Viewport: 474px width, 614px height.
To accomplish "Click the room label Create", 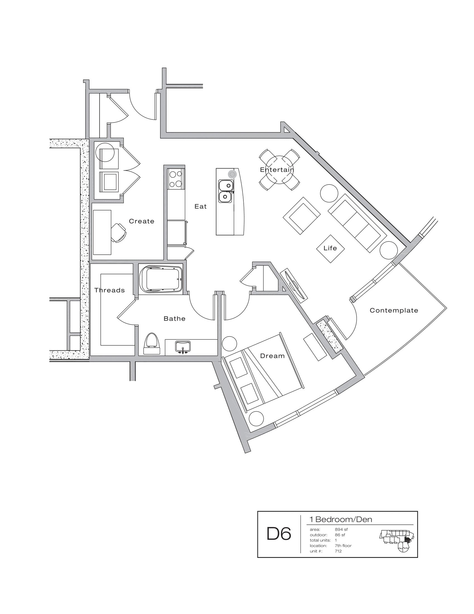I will click(142, 221).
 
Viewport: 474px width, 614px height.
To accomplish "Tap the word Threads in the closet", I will click(109, 290).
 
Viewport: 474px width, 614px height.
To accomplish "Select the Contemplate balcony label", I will click(394, 310).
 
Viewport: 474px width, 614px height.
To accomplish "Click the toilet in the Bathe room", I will click(152, 343).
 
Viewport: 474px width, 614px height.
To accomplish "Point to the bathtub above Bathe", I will click(161, 279).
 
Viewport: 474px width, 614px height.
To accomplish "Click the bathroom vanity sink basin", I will click(183, 346).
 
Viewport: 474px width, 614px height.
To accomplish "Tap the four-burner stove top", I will click(176, 179).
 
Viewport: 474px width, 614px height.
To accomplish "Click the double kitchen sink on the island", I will click(226, 191).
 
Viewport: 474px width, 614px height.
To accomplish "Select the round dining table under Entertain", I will click(279, 170).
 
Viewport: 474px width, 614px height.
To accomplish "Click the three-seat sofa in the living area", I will click(357, 226).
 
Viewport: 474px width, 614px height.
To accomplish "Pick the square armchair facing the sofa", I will click(302, 215).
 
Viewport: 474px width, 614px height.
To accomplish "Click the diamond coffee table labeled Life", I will click(330, 248).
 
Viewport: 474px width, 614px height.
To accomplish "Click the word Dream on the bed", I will click(272, 356).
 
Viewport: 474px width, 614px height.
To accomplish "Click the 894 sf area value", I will click(341, 529).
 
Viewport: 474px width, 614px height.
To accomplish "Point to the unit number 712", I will click(338, 551).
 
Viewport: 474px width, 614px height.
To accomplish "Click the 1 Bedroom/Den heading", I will click(341, 520).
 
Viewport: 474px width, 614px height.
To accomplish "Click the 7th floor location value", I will click(343, 546).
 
